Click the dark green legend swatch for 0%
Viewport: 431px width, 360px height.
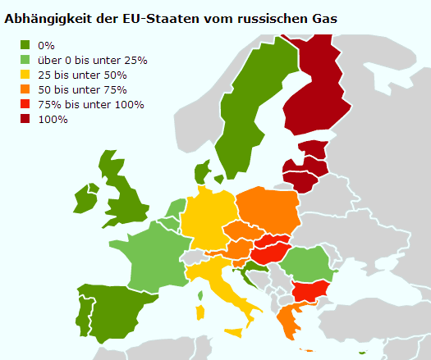(x=26, y=45)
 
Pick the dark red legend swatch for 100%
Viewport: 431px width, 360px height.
(x=26, y=119)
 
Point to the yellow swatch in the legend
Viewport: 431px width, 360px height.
(x=26, y=75)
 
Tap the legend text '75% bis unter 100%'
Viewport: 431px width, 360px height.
(x=90, y=104)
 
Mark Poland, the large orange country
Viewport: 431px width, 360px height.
(x=266, y=210)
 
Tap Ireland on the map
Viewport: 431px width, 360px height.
(x=85, y=199)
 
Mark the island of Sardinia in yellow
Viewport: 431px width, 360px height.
(x=199, y=312)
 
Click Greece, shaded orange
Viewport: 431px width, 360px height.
(x=287, y=320)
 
